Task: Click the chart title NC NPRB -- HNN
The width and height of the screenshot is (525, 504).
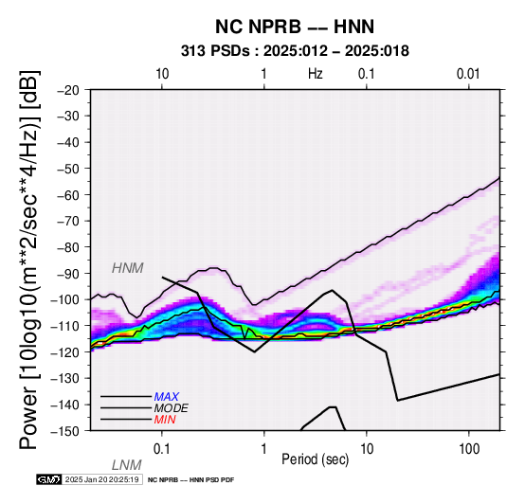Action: point(295,27)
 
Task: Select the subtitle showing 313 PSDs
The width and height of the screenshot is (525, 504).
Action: point(295,51)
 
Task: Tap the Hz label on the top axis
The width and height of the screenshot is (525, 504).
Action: point(315,74)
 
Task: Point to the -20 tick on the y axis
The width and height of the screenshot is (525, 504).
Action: point(69,90)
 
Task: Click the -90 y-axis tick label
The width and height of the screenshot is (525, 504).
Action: point(69,274)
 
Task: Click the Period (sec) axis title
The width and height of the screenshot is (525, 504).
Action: point(315,459)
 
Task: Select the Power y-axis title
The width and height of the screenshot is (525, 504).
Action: point(29,260)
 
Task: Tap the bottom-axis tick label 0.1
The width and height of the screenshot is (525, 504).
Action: point(161,449)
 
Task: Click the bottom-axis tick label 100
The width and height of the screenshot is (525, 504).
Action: point(469,449)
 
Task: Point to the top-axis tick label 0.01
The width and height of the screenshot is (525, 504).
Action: point(468,74)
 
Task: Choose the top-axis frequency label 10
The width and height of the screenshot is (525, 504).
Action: point(162,74)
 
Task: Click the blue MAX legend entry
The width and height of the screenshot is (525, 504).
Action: point(167,397)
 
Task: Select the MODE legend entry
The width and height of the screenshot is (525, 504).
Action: point(172,408)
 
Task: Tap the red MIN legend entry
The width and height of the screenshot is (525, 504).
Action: point(165,420)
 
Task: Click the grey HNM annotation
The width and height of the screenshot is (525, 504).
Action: point(128,268)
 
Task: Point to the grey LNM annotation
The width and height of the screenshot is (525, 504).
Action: point(127,465)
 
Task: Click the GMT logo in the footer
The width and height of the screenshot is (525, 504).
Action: point(49,479)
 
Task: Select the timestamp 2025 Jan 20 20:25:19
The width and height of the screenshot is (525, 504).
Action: point(101,479)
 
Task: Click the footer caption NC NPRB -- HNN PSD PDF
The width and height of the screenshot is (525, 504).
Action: point(190,480)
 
